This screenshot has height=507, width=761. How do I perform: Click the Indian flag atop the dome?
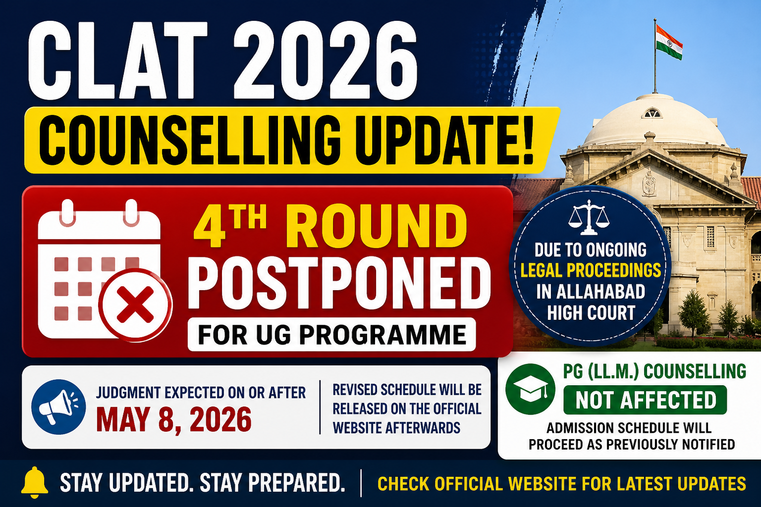(668, 43)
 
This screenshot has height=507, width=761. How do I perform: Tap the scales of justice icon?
(589, 217)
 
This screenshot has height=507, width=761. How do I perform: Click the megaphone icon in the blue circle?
(58, 406)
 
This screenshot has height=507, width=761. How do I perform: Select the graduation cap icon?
(530, 389)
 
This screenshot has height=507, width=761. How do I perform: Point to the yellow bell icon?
(34, 482)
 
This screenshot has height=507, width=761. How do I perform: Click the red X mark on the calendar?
(135, 304)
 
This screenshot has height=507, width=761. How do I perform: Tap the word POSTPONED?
(339, 283)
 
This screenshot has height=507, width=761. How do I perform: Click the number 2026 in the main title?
(325, 60)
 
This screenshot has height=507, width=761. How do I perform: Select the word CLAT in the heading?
(117, 60)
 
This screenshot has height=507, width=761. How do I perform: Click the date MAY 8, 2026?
(173, 420)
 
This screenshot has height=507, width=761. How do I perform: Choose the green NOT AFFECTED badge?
(645, 400)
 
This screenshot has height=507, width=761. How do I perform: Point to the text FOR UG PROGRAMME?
(331, 335)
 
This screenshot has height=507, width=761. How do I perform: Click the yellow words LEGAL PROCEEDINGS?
(591, 270)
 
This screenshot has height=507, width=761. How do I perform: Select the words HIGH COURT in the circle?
(591, 312)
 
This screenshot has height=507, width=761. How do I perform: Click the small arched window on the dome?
(652, 113)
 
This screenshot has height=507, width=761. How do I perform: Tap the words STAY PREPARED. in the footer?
(272, 483)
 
